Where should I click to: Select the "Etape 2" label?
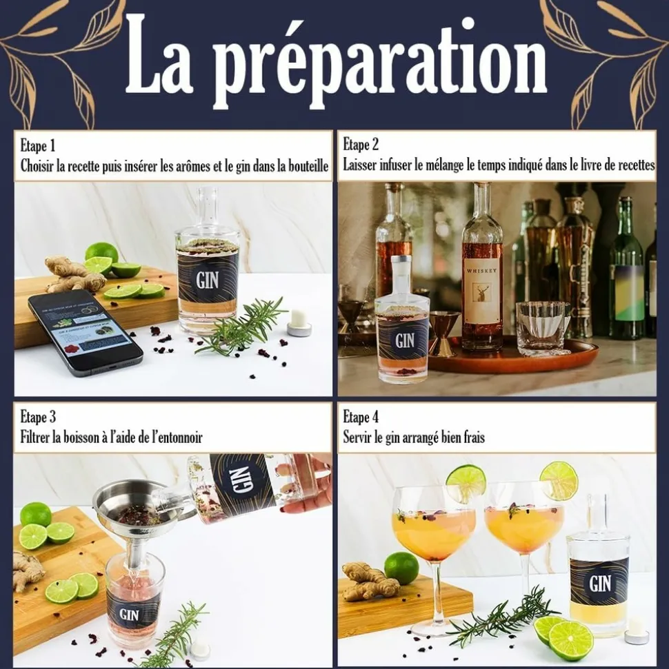(361, 145)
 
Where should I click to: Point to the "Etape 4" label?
(361, 417)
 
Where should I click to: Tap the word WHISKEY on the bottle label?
(482, 271)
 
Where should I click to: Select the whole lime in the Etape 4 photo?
(401, 568)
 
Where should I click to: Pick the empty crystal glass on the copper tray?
(541, 327)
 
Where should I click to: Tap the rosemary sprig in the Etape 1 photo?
(241, 327)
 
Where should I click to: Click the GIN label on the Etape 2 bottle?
(405, 340)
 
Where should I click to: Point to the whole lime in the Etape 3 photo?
(36, 514)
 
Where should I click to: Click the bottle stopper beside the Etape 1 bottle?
(299, 322)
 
